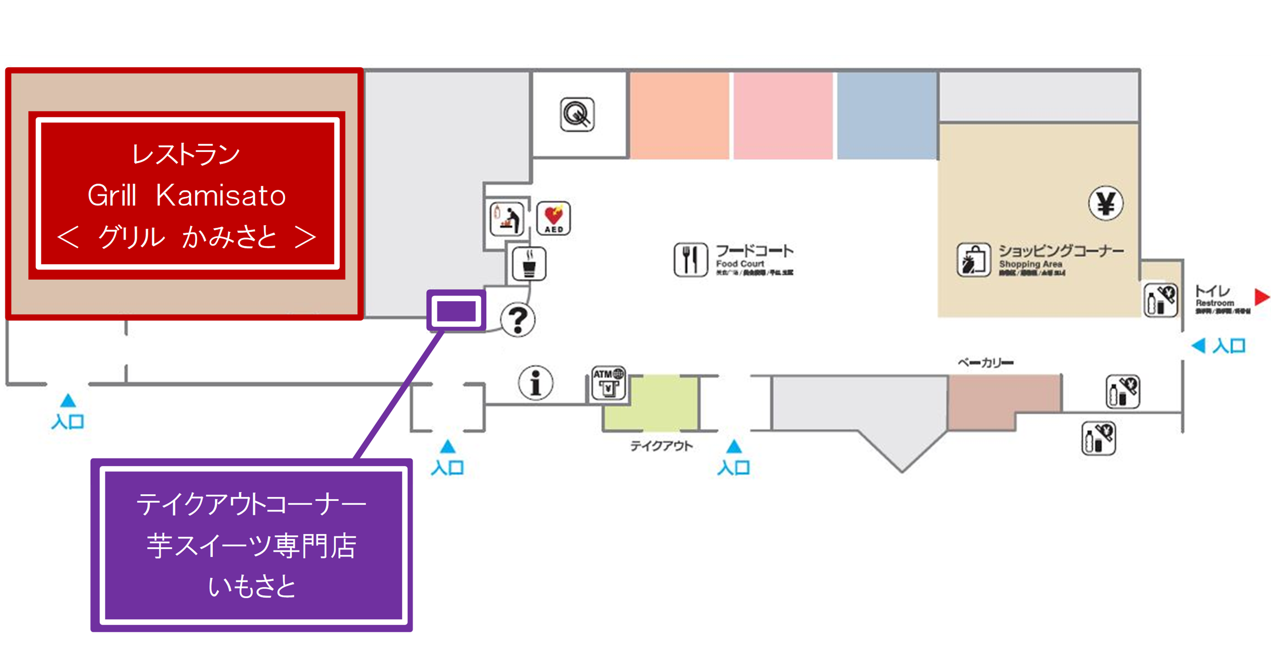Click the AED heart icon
click(x=553, y=218)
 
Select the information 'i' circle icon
click(x=535, y=383)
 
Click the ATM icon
click(x=608, y=383)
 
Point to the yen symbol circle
click(x=1106, y=203)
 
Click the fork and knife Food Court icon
click(x=690, y=260)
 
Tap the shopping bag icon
click(x=973, y=260)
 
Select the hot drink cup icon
click(x=529, y=264)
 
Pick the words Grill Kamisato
click(x=186, y=195)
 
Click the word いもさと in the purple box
click(x=252, y=587)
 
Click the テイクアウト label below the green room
click(x=661, y=446)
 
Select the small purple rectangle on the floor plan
click(x=456, y=311)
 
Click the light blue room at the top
click(x=886, y=116)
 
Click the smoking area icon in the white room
click(x=577, y=115)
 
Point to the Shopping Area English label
click(x=1030, y=264)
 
